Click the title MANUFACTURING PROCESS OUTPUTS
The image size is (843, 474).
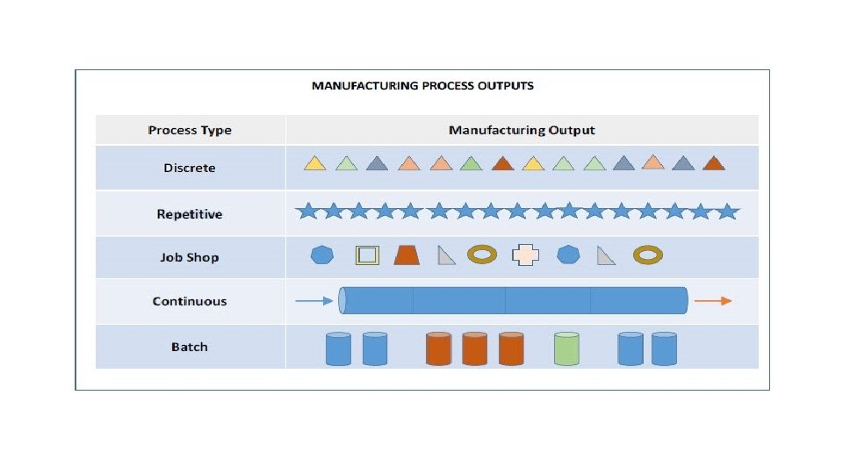pos(422,86)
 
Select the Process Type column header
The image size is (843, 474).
pos(190,130)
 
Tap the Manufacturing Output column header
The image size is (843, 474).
pos(522,130)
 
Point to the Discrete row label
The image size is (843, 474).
pos(190,168)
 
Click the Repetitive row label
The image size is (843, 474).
pos(190,213)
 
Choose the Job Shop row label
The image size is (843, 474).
pos(190,257)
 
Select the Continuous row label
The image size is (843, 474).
pos(190,301)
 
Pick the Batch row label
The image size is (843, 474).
pos(190,347)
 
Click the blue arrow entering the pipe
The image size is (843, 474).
pos(314,301)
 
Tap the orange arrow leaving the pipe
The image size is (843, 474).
pos(712,301)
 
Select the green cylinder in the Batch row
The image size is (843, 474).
pos(567,348)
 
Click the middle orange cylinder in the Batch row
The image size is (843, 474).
pos(474,348)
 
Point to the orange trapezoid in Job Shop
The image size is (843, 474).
pos(406,255)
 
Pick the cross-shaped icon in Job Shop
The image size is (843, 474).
pos(525,255)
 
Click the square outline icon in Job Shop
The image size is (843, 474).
pos(367,255)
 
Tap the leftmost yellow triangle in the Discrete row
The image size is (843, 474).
pos(315,163)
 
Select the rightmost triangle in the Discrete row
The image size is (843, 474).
pos(713,163)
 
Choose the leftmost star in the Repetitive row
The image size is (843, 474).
pos(306,212)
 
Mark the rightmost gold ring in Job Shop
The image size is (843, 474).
pos(647,255)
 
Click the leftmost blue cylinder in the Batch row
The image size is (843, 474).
pos(338,348)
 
